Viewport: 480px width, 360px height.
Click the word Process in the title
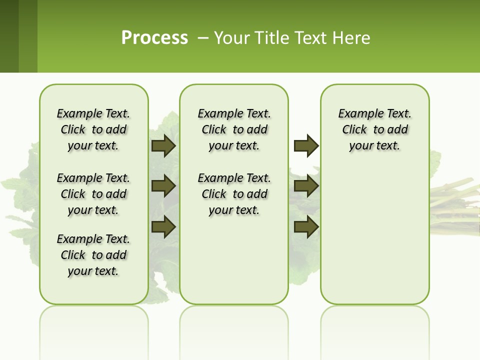[154, 37]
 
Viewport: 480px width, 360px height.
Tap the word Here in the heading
[352, 38]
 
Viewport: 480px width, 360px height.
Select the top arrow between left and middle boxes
[163, 145]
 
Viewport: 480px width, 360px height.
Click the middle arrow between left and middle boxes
[163, 186]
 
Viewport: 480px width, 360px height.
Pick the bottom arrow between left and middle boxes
[163, 227]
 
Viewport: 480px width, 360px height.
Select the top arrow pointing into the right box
[306, 145]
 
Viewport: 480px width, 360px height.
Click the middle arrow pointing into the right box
[306, 186]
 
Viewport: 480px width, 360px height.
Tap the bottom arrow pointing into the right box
[306, 227]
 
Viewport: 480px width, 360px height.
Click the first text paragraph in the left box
[93, 129]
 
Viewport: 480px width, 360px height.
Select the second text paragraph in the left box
[93, 194]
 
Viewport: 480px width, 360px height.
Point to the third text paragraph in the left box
[93, 255]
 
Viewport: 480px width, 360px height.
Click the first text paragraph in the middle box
[234, 129]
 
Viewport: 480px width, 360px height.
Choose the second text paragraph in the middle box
[234, 194]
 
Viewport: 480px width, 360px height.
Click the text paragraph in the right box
[375, 129]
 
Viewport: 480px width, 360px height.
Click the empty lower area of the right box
[375, 240]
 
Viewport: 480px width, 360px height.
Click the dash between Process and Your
[203, 38]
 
